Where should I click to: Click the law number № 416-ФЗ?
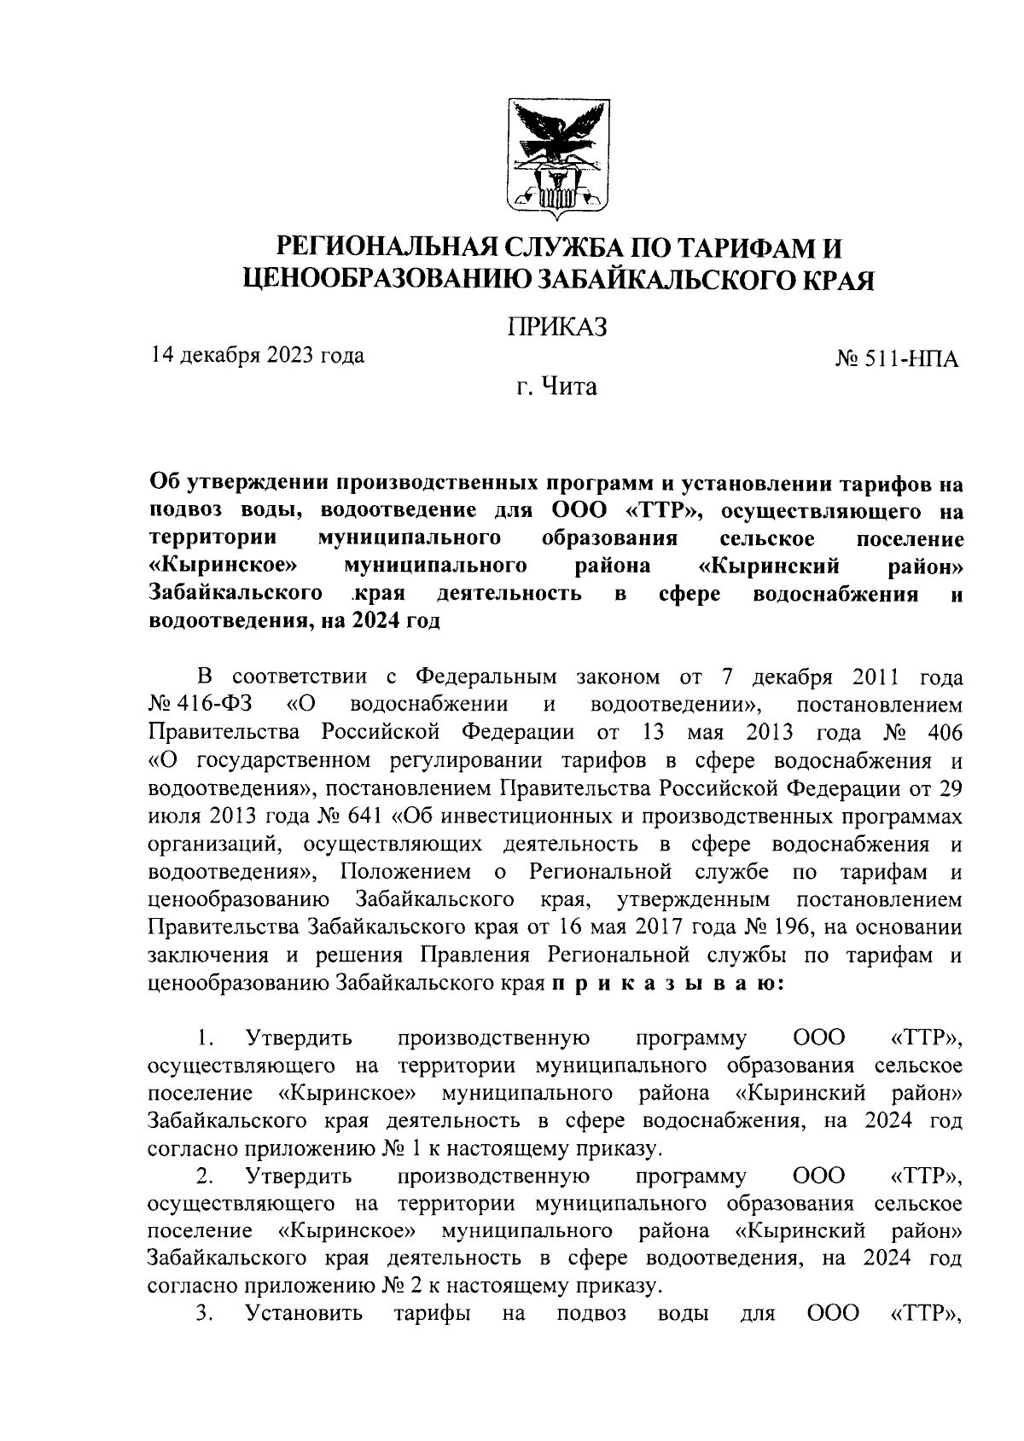tap(194, 706)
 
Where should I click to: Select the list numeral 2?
tap(203, 1176)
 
